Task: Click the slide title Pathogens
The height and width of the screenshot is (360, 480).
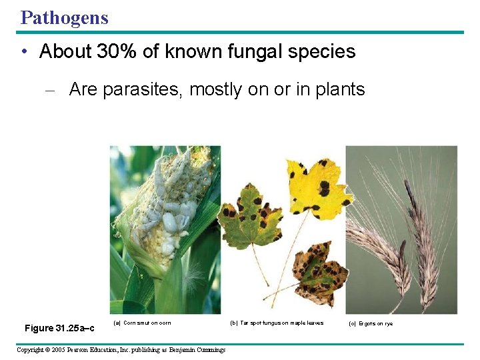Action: tap(64, 17)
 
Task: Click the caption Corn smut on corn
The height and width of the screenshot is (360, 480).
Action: tap(143, 323)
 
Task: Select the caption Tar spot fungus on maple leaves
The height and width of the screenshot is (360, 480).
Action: tap(277, 323)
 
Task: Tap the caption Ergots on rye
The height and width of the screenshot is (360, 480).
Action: tap(371, 324)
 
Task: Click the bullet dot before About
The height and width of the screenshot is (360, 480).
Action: tap(25, 52)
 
